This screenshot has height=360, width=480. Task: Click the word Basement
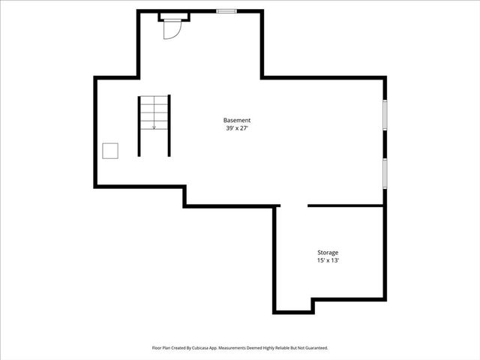click(x=237, y=121)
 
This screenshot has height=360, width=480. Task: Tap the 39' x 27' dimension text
click(x=237, y=128)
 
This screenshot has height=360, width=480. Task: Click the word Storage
click(x=328, y=253)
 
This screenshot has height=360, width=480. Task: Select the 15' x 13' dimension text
click(x=328, y=260)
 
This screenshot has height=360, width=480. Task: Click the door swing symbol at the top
click(x=170, y=28)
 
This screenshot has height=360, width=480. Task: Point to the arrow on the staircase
click(x=154, y=126)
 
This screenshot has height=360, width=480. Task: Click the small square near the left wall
click(x=111, y=151)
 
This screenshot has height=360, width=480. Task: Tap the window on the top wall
click(x=226, y=11)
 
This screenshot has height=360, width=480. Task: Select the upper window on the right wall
click(x=385, y=116)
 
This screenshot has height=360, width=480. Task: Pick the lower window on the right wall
click(x=385, y=173)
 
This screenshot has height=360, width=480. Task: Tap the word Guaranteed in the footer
click(x=312, y=348)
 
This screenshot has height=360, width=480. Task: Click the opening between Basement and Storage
click(x=294, y=205)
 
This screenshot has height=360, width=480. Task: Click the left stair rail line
click(x=139, y=126)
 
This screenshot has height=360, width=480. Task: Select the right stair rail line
click(x=169, y=126)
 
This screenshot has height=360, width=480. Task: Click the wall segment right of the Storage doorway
click(x=346, y=205)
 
